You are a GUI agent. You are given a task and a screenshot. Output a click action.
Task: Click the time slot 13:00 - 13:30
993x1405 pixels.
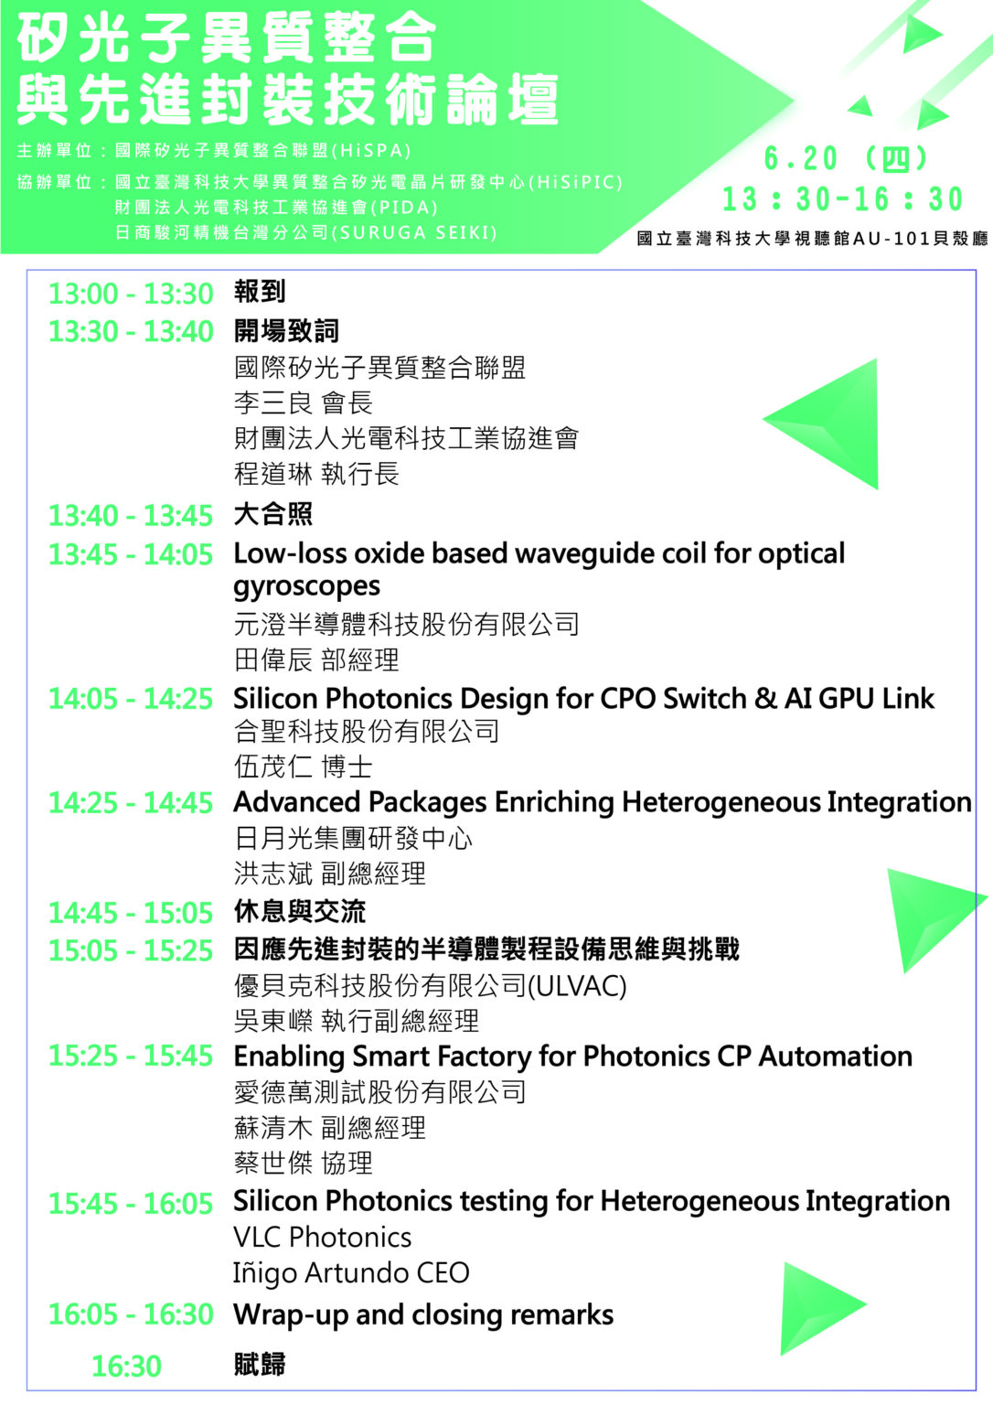click(131, 295)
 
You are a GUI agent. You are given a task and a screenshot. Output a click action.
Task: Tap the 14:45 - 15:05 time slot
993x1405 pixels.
click(131, 913)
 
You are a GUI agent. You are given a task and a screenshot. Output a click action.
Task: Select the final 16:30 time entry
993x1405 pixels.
click(126, 1366)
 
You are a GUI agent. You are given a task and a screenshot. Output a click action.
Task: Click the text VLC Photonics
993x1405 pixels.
click(322, 1238)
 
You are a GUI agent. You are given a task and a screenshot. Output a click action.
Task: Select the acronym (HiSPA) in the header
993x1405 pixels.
click(371, 151)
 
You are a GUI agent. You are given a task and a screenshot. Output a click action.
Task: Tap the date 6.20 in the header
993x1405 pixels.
click(801, 158)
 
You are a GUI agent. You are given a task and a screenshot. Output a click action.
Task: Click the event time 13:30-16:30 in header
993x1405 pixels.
click(842, 199)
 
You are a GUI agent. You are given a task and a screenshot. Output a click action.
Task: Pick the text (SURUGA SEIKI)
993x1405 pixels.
click(413, 232)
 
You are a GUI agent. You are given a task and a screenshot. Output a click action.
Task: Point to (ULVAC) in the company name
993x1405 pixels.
click(577, 986)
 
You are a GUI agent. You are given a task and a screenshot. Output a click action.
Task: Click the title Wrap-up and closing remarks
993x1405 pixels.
click(423, 1314)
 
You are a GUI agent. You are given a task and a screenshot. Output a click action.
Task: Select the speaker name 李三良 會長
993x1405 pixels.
click(304, 402)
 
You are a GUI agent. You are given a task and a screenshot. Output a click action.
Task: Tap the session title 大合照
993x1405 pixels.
click(272, 515)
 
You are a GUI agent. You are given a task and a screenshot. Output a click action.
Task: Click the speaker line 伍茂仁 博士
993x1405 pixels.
click(304, 767)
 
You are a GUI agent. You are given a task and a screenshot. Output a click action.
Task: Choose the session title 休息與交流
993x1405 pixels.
click(300, 912)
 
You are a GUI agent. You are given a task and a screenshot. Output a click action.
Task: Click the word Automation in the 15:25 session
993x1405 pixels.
click(836, 1056)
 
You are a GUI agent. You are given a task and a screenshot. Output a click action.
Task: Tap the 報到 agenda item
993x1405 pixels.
click(260, 292)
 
